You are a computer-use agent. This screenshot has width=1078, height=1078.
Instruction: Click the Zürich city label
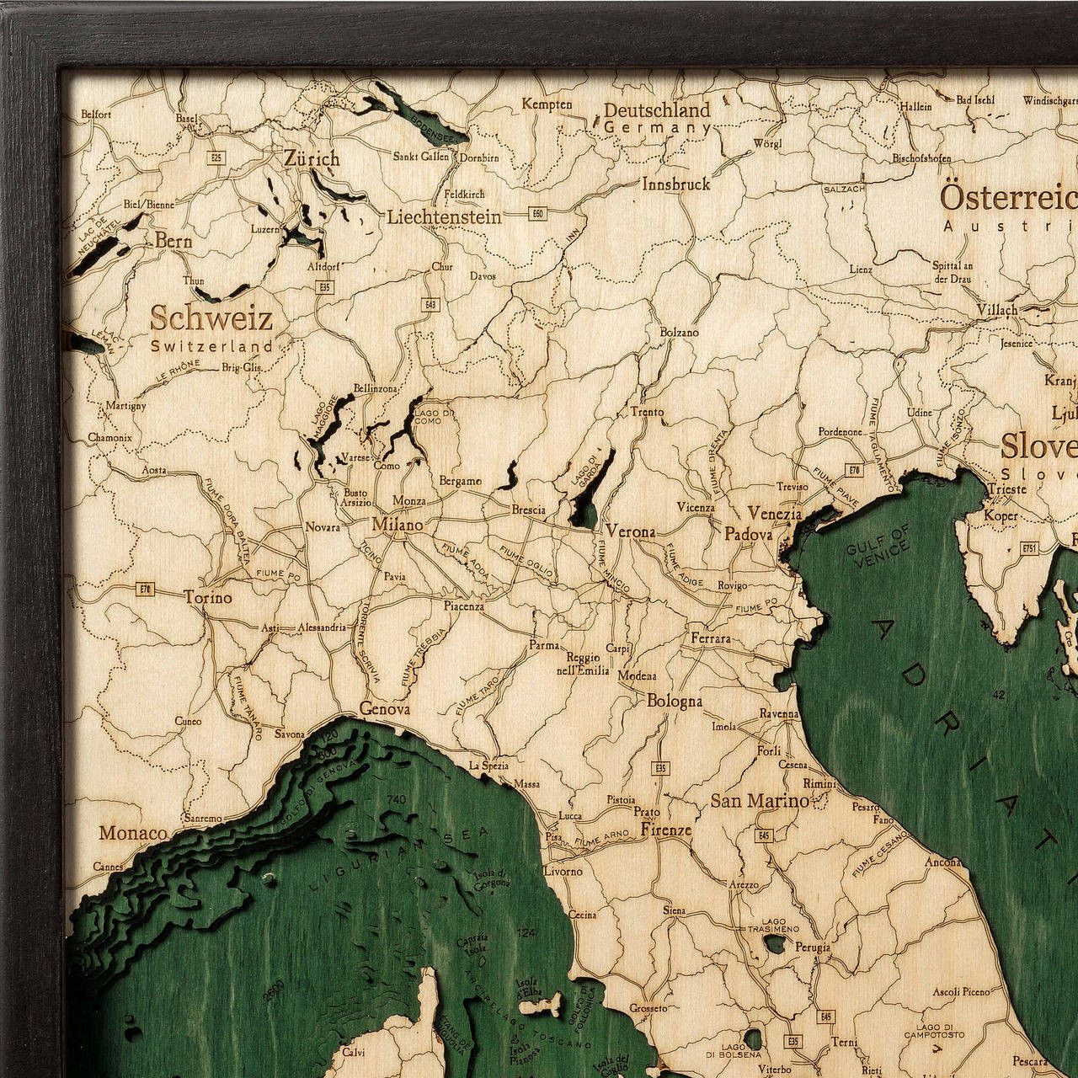coord(312,158)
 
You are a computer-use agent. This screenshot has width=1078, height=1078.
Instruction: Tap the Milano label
coord(398,525)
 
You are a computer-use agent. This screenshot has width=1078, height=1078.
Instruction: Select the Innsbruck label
coord(676,184)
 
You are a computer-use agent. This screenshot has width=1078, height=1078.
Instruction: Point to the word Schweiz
coord(211,319)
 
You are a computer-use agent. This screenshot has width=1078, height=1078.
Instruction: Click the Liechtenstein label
coord(445,217)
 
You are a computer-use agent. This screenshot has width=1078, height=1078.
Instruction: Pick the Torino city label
coord(208,597)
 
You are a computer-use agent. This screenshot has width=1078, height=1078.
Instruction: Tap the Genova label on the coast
coord(385,709)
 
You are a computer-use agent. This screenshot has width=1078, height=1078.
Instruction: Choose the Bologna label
coord(675,701)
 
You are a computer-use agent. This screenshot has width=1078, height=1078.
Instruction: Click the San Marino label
coord(759,800)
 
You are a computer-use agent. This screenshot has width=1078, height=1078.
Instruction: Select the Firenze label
coord(666,830)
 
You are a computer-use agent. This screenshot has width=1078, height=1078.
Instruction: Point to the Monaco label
coord(133,833)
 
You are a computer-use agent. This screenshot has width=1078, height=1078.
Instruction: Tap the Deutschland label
coord(657,110)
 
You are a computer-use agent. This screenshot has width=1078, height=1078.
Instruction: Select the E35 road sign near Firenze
coord(660,768)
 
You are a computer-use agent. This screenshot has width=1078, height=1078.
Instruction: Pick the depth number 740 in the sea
coord(395,799)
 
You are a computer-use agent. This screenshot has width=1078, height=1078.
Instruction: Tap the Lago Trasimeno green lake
coord(775,943)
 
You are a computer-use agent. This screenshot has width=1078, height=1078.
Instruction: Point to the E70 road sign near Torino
coord(144,589)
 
